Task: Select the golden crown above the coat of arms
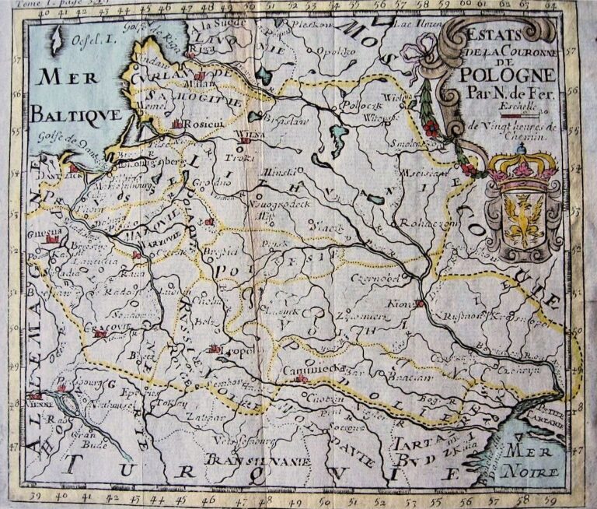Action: [522, 166]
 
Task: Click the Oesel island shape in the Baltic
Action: [56, 39]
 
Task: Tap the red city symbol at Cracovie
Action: [99, 333]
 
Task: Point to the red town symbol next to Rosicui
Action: [177, 124]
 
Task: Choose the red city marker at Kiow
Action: [420, 304]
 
